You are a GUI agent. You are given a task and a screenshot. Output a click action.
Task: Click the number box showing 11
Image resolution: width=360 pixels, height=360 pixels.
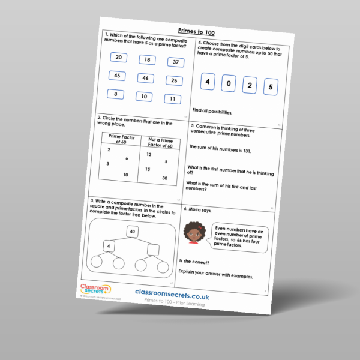coord(172,99)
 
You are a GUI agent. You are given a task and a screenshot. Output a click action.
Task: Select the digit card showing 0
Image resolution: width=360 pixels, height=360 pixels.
coord(229,83)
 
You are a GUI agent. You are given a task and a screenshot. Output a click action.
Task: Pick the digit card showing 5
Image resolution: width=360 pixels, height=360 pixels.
coord(271,88)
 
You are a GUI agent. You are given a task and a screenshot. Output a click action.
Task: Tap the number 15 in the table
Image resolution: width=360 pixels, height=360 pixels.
coord(148,170)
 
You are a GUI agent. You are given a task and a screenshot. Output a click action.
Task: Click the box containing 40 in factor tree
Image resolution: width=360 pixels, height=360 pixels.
coord(133,232)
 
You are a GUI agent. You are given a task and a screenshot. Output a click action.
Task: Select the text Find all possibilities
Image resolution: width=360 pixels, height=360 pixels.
coord(212,112)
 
